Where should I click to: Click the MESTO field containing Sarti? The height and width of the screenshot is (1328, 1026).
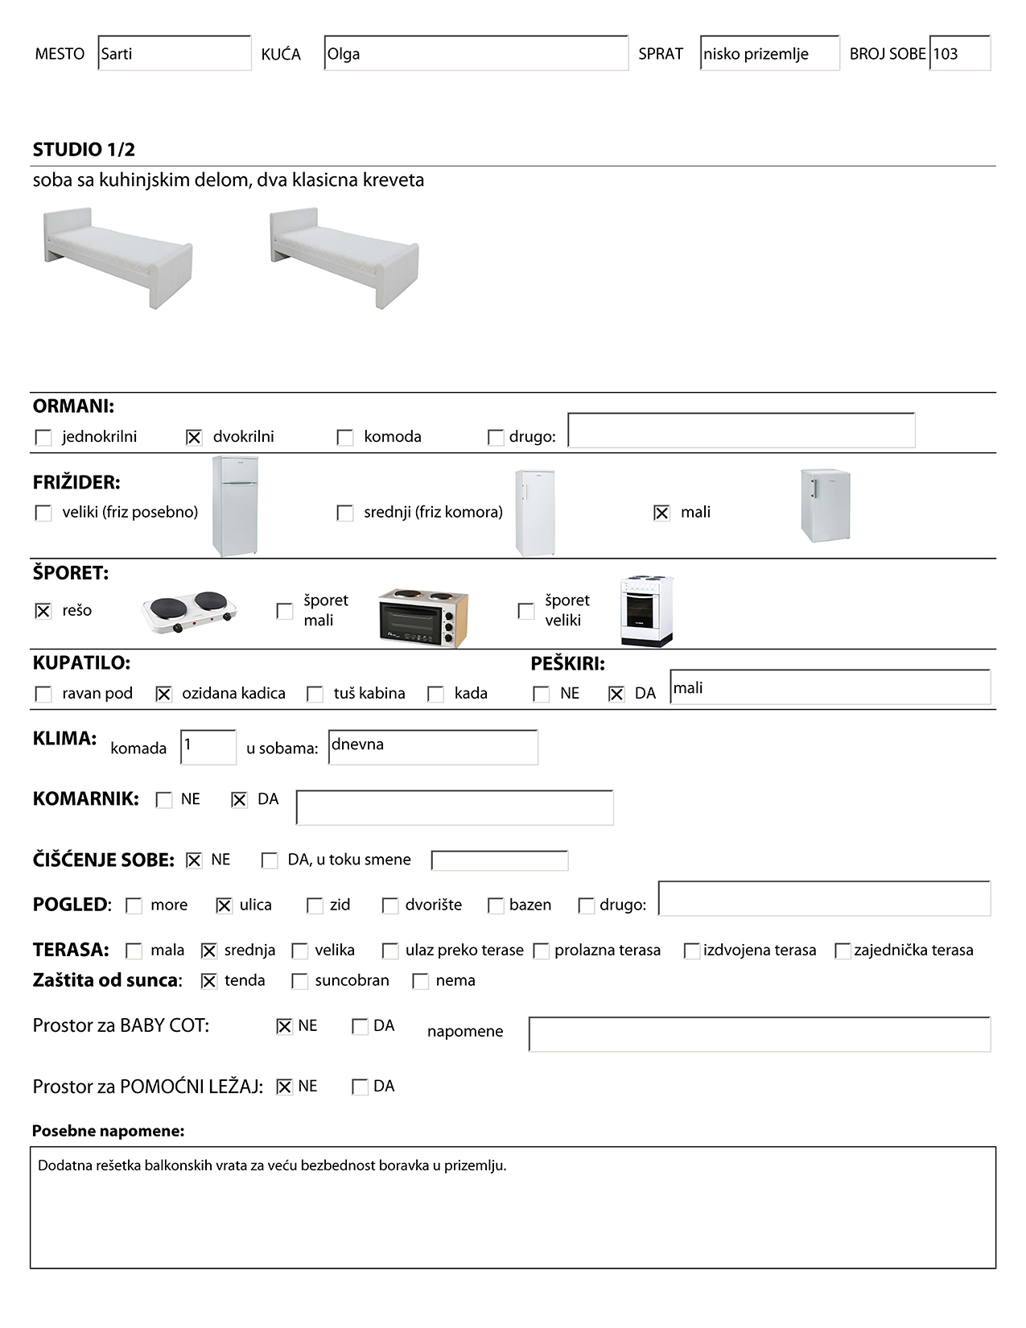pyautogui.click(x=174, y=54)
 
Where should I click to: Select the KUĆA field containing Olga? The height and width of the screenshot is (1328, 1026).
pyautogui.click(x=476, y=54)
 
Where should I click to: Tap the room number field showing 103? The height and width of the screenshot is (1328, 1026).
pyautogui.click(x=959, y=54)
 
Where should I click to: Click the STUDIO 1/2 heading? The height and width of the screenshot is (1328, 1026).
pyautogui.click(x=84, y=150)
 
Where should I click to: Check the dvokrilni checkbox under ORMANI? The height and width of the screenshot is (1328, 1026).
pyautogui.click(x=194, y=437)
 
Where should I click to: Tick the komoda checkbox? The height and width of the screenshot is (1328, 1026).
pyautogui.click(x=345, y=437)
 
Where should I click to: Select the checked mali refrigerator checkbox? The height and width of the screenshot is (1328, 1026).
pyautogui.click(x=661, y=513)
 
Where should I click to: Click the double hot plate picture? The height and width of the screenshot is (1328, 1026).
pyautogui.click(x=189, y=612)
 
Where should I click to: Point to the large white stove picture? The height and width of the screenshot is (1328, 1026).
pyautogui.click(x=646, y=611)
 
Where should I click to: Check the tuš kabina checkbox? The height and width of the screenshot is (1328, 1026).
pyautogui.click(x=315, y=694)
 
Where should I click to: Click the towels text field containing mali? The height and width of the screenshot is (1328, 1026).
pyautogui.click(x=830, y=688)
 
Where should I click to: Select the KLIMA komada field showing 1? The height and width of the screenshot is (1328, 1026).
pyautogui.click(x=208, y=747)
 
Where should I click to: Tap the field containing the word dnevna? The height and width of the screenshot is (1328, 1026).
pyautogui.click(x=433, y=747)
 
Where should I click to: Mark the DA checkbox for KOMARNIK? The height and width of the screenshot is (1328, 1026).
pyautogui.click(x=239, y=800)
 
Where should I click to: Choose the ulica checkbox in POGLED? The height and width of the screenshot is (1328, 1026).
pyautogui.click(x=224, y=905)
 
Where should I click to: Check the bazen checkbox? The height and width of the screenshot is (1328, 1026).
pyautogui.click(x=496, y=905)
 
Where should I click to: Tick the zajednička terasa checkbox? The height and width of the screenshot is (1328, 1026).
pyautogui.click(x=843, y=951)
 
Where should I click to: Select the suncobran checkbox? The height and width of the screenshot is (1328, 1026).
pyautogui.click(x=299, y=981)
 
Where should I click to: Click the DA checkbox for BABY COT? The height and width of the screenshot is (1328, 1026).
pyautogui.click(x=360, y=1026)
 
